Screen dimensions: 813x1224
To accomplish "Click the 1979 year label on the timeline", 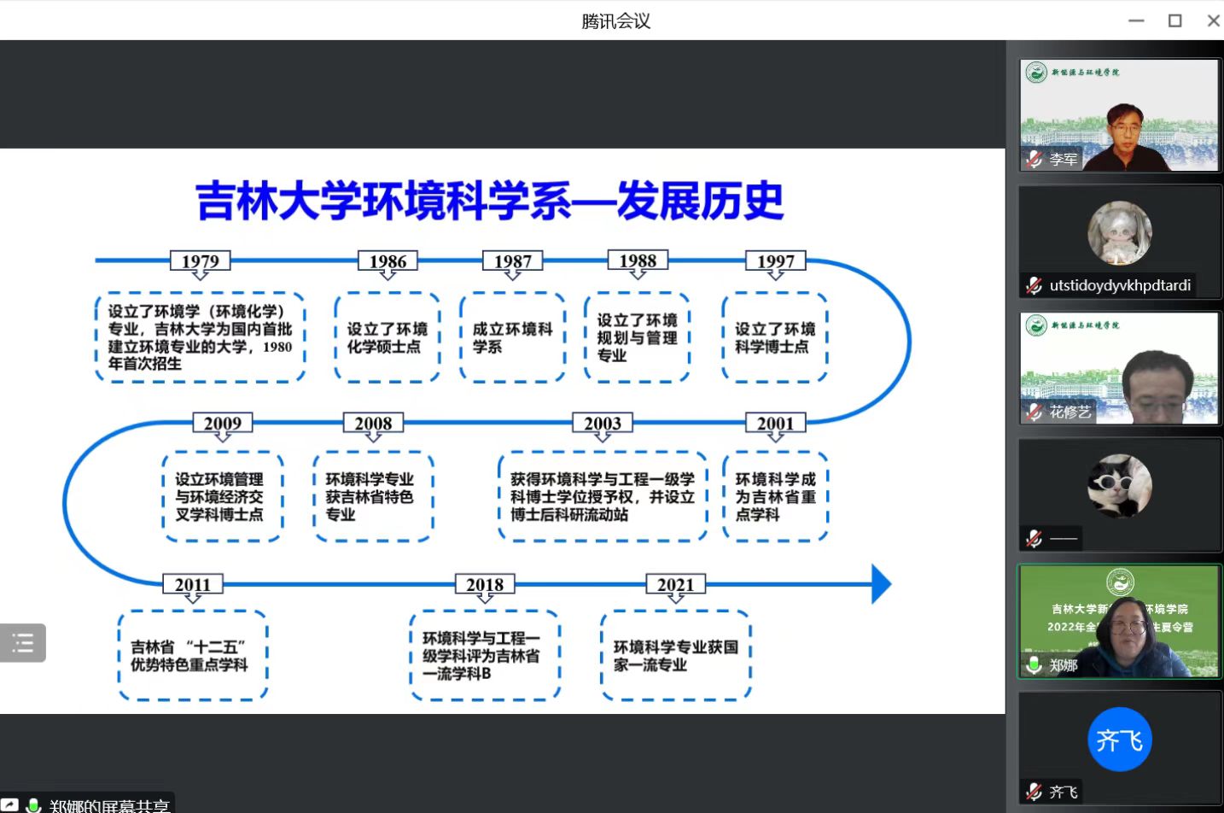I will [x=200, y=261].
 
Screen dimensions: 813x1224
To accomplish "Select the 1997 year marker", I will [x=775, y=261].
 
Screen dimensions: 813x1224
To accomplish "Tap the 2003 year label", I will [x=602, y=423].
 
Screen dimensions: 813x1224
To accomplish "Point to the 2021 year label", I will [x=675, y=585].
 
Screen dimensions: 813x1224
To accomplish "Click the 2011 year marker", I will [x=193, y=585].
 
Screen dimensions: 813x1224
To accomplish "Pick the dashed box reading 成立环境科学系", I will [x=512, y=337].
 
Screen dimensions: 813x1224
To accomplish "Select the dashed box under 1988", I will [x=637, y=337].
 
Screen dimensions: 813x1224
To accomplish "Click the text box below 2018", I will [x=484, y=656].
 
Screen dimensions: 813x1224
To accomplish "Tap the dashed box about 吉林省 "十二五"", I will [x=193, y=656].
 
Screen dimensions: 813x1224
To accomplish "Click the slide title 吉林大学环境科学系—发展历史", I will [x=489, y=202].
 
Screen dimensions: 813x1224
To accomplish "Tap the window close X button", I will [x=1213, y=20].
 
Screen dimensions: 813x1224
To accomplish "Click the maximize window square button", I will [x=1174, y=20].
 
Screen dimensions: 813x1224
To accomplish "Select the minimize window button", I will [x=1136, y=20].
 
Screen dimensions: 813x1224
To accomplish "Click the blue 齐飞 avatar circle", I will [x=1119, y=740].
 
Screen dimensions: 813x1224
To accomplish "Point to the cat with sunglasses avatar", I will [x=1119, y=486].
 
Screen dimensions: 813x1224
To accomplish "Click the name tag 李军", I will [x=1063, y=159].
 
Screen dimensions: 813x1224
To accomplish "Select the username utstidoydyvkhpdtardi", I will [x=1119, y=285].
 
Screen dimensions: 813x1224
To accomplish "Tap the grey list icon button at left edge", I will [x=23, y=643].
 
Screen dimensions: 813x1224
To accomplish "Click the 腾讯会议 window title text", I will [x=615, y=20].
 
